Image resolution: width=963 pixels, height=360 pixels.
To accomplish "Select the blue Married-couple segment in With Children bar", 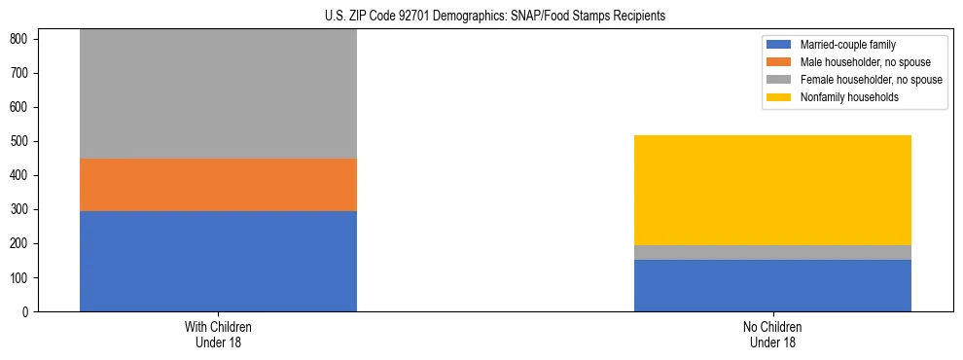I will [x=218, y=261].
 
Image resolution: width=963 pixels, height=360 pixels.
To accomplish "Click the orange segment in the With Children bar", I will [x=218, y=185].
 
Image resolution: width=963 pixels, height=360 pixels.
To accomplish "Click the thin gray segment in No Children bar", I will [x=772, y=252].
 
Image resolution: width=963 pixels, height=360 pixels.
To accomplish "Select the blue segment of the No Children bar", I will [x=772, y=285].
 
